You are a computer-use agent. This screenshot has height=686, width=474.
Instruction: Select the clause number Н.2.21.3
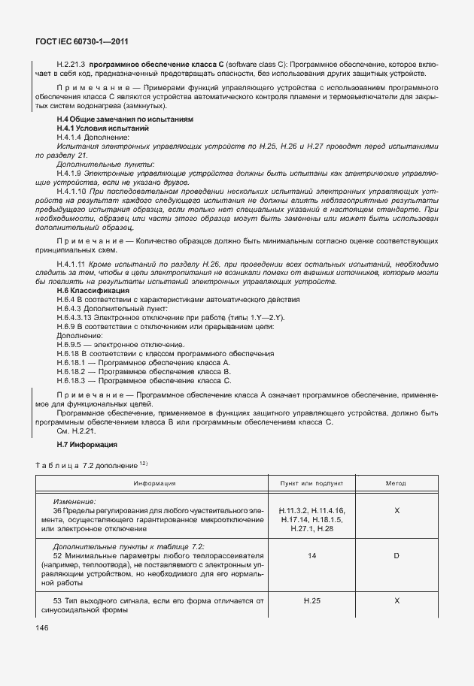click(x=71, y=65)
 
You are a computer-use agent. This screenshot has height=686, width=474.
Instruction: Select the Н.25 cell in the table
click(x=311, y=601)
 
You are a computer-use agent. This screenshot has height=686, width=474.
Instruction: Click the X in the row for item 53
click(x=396, y=601)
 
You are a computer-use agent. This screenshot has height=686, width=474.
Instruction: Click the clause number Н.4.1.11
click(x=73, y=264)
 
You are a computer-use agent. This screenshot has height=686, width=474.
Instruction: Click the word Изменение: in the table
click(x=74, y=500)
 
